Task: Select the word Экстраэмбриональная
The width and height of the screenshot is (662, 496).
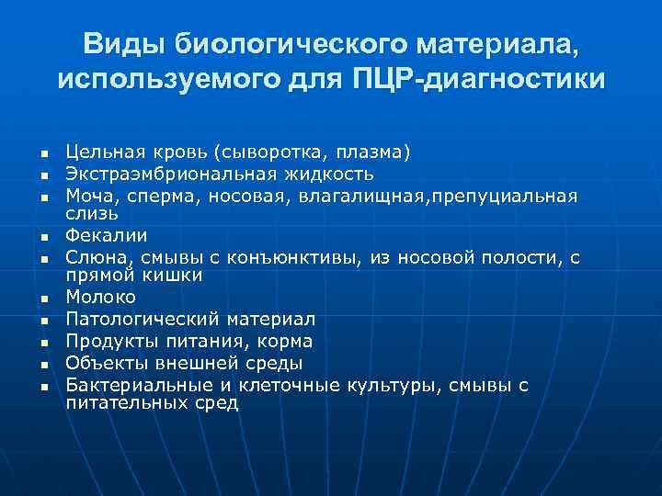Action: click(161, 173)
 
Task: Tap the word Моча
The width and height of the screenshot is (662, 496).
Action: click(89, 195)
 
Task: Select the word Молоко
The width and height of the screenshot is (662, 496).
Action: click(100, 298)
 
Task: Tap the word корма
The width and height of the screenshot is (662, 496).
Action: click(286, 341)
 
